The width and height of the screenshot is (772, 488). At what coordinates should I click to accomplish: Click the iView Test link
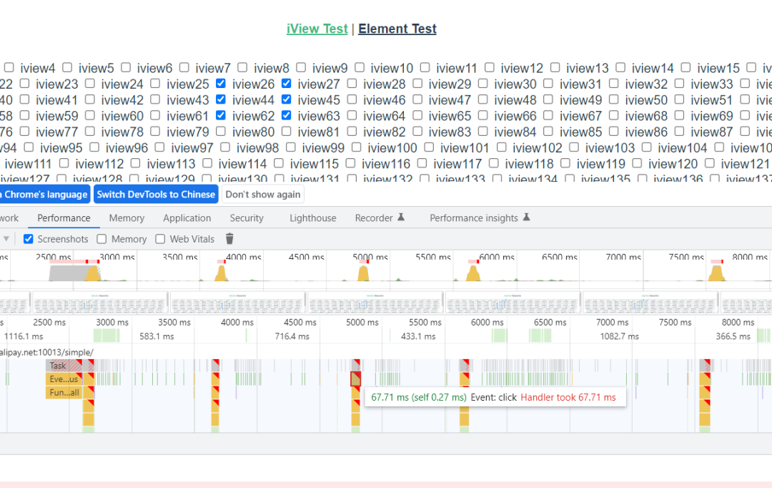317,29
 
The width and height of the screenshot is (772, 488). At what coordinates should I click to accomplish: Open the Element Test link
397,29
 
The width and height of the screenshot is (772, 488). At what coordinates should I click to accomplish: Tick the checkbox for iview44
221,100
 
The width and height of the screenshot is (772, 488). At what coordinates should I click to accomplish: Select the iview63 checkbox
287,116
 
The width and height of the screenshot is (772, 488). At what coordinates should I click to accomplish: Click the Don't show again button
263,195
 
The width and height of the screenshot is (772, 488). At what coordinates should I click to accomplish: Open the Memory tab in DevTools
127,218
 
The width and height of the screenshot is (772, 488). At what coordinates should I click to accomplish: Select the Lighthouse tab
312,218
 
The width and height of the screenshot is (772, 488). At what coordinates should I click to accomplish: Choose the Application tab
187,218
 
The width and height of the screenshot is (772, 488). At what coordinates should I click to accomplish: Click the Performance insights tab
473,218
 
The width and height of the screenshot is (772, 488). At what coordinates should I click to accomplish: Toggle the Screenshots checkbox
29,239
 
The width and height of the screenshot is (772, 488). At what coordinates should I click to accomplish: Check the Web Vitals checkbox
160,239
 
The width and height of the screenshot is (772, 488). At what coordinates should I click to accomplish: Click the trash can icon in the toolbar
229,239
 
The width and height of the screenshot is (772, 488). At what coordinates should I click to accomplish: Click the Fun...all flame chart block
64,392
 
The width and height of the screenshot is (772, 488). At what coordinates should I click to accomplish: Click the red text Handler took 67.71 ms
568,397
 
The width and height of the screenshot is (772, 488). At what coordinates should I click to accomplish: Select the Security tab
247,218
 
